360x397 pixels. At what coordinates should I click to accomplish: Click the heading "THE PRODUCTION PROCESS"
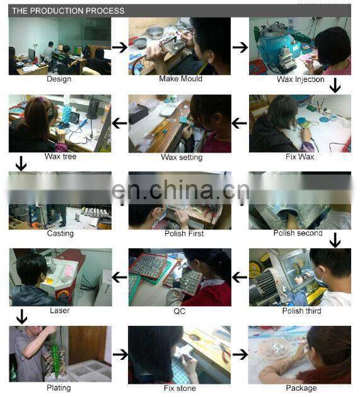pos(68,11)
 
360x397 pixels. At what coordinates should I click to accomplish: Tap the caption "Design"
pos(59,79)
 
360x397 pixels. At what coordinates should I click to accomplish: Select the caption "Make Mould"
pos(181,79)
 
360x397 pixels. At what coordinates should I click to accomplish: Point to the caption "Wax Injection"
pos(301,79)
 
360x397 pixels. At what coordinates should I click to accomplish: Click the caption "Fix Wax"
pos(300,157)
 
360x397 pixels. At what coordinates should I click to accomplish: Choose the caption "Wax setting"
pos(182,158)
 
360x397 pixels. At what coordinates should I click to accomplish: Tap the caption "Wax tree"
pos(61,156)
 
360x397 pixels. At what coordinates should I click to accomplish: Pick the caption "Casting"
pos(61,233)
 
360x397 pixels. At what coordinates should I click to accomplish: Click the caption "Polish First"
pos(184,233)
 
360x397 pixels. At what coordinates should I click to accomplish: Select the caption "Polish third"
pos(302,311)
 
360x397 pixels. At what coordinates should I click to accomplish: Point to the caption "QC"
pos(179,311)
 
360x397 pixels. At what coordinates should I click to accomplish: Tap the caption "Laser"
pos(59,311)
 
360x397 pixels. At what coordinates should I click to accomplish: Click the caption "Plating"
pos(59,388)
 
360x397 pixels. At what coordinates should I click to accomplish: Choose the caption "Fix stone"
pos(180,388)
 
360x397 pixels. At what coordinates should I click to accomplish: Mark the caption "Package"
pos(301,388)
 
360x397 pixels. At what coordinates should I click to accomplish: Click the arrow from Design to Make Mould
pos(120,47)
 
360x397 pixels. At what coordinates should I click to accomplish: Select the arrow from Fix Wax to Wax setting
pos(240,124)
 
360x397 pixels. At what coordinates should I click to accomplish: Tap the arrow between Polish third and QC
pos(240,277)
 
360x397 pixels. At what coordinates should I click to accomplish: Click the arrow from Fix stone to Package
pos(240,354)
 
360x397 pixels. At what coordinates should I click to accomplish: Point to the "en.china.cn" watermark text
pos(181,190)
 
